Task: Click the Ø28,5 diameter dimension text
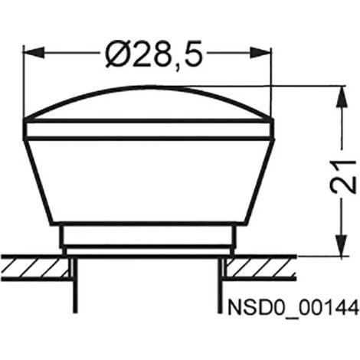[154, 54]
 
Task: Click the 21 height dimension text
[343, 177]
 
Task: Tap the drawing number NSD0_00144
[293, 307]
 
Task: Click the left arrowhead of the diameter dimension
[34, 54]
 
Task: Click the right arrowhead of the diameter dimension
[260, 54]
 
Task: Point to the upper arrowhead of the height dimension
[342, 97]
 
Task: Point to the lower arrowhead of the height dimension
[342, 245]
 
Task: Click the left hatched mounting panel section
[36, 267]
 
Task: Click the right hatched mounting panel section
[260, 267]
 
